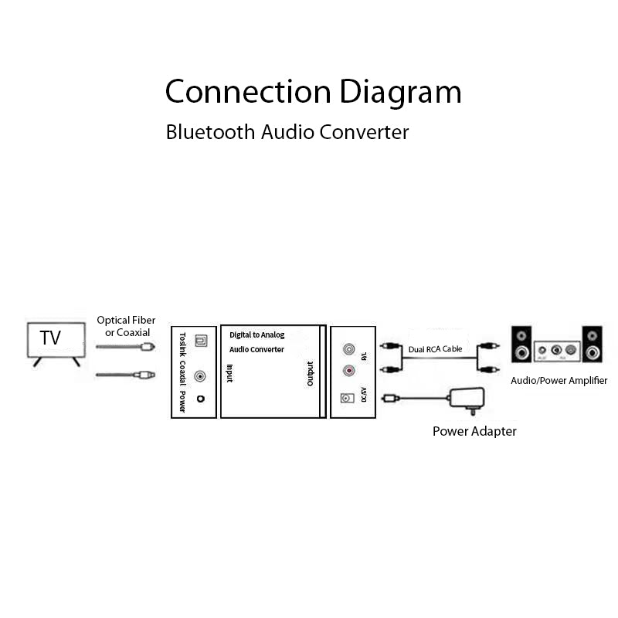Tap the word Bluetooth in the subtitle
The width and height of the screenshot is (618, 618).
pos(210,132)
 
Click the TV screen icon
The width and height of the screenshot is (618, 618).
pos(56,339)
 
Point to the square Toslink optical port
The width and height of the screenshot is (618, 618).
pos(200,339)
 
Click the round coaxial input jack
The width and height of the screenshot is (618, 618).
pos(200,376)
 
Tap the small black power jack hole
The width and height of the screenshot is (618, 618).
pos(201,399)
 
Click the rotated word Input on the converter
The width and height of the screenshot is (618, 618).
pos(229,374)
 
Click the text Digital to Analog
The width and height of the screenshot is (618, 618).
pos(257,335)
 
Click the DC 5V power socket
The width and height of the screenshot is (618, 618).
pos(347,399)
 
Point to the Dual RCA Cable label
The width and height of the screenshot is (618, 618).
pos(435,349)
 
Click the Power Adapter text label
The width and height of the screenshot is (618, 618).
pos(474,431)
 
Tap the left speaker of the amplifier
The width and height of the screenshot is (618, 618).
pos(522,344)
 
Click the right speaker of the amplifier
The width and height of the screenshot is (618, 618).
pos(593,344)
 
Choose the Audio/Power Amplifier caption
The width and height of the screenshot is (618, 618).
pos(559,381)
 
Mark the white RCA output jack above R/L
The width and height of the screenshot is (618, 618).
pos(348,348)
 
